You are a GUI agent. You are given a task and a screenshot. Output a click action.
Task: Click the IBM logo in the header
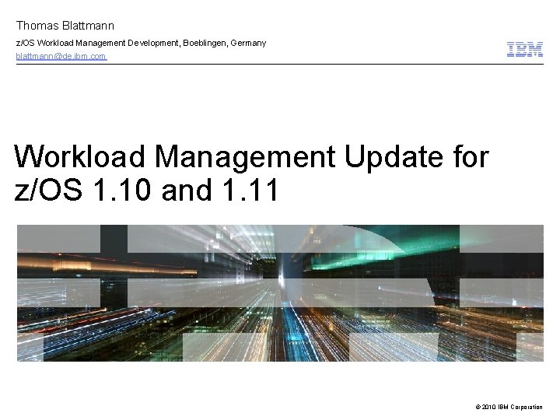[x=525, y=50]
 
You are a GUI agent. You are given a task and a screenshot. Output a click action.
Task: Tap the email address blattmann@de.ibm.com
[x=61, y=57]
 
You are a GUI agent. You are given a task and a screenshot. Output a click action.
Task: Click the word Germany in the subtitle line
[x=248, y=43]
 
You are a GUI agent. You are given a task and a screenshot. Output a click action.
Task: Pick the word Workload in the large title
[x=80, y=157]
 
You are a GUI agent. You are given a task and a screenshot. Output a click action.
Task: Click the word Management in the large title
[x=245, y=157]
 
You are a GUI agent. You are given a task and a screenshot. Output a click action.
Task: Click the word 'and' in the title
[x=187, y=190]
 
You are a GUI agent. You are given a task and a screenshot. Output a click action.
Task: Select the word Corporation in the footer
[x=527, y=407]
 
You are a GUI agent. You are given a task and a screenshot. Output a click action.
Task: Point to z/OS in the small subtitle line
[x=26, y=43]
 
